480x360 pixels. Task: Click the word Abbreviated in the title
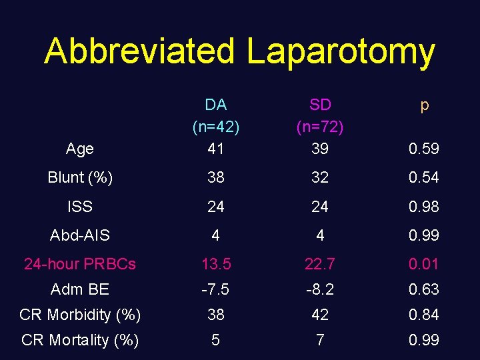[x=139, y=51]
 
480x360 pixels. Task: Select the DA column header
[x=215, y=105]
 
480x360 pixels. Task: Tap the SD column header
[x=320, y=105]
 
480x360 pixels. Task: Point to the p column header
[x=424, y=105]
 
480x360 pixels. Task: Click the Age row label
[x=80, y=149]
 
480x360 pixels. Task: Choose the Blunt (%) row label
[x=80, y=178]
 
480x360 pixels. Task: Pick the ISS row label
[x=80, y=207]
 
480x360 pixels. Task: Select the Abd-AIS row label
[x=80, y=235]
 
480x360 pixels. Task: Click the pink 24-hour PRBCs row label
[x=80, y=264]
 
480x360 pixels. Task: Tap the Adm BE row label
[x=80, y=289]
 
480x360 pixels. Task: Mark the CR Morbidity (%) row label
[x=80, y=315]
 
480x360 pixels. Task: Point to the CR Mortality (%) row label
[x=80, y=340]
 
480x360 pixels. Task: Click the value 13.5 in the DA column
[x=215, y=264]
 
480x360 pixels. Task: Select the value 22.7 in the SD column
[x=320, y=264]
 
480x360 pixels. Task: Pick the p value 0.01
[x=424, y=264]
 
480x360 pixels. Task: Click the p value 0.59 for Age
[x=424, y=149]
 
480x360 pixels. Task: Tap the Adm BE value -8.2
[x=320, y=289]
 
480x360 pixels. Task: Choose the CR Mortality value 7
[x=320, y=340]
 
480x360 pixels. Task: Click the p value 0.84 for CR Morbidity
[x=424, y=315]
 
